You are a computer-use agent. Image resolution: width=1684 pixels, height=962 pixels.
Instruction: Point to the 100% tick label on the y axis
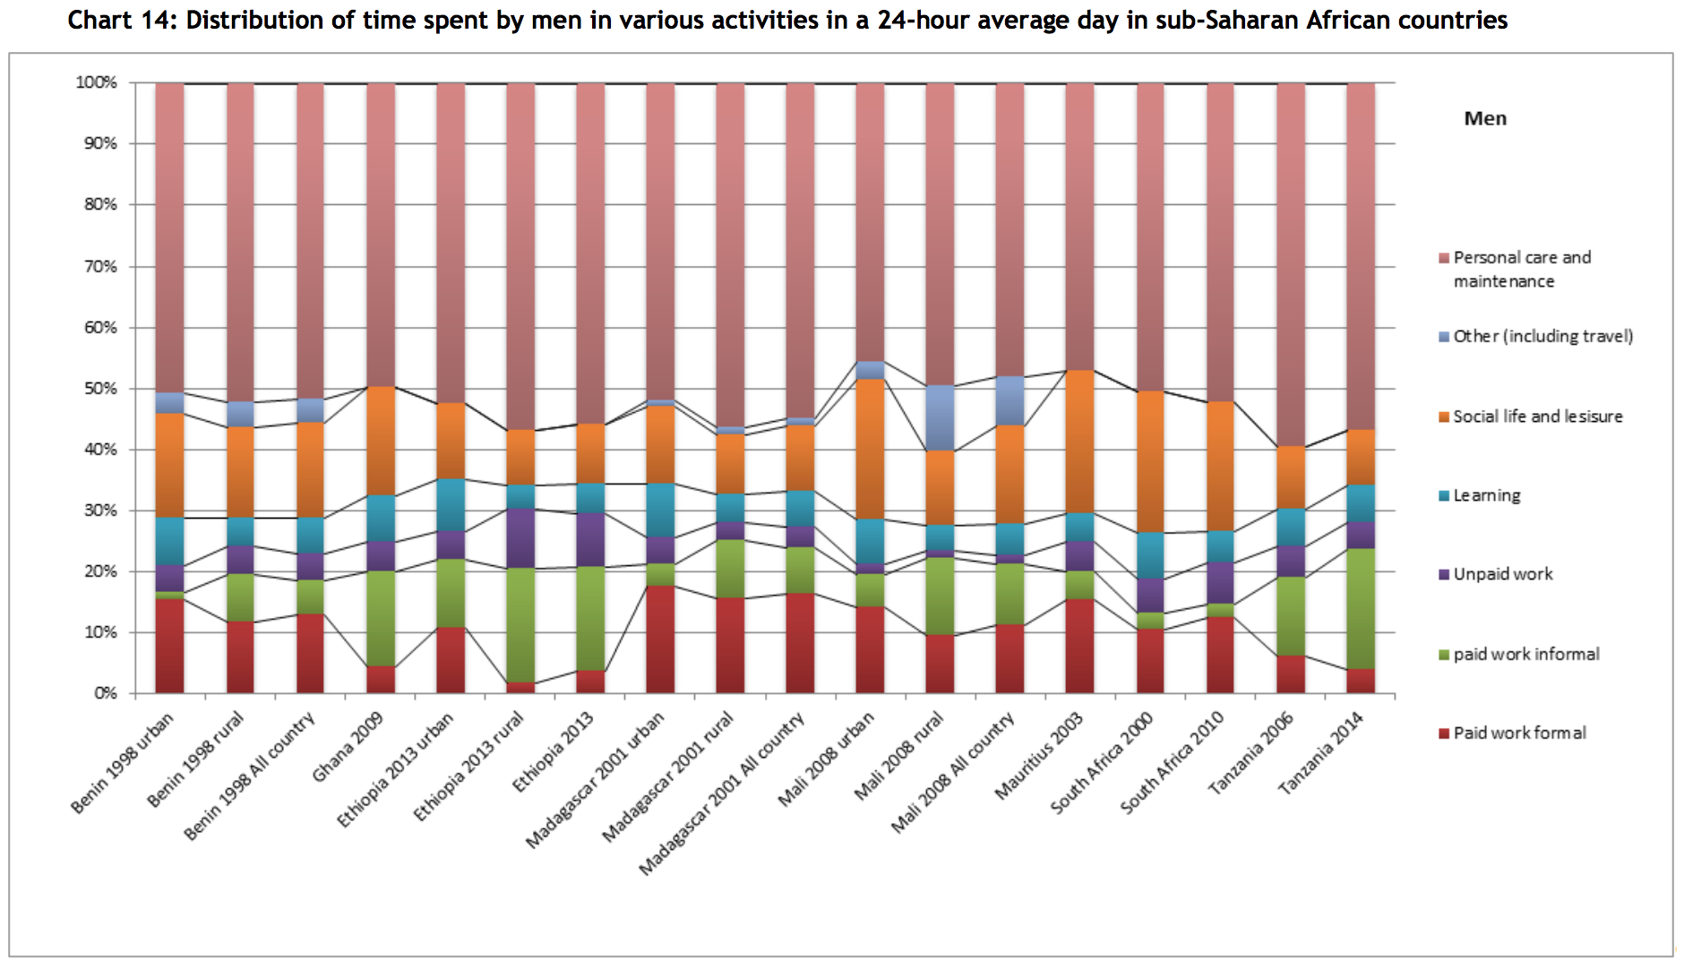pyautogui.click(x=97, y=82)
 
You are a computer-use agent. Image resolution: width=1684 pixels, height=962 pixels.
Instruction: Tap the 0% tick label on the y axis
pyautogui.click(x=105, y=693)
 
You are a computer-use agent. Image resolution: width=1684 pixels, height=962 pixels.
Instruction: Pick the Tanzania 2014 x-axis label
pyautogui.click(x=1321, y=752)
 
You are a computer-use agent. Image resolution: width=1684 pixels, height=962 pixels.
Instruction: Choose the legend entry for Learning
pyautogui.click(x=1486, y=495)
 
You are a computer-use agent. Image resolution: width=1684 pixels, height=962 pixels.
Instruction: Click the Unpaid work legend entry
pyautogui.click(x=1502, y=574)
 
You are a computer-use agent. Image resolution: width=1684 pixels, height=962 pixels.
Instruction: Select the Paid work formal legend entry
pyautogui.click(x=1519, y=733)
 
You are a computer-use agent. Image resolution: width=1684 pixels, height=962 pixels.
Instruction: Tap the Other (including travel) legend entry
pyautogui.click(x=1542, y=336)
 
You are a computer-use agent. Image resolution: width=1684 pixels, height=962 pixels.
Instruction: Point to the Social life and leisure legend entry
pyautogui.click(x=1537, y=417)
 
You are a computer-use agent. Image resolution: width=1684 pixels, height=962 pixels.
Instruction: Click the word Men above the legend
pyautogui.click(x=1485, y=118)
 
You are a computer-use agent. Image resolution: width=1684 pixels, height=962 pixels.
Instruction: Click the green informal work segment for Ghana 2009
pyautogui.click(x=381, y=618)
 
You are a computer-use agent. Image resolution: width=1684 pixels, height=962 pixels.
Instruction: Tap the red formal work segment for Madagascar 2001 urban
pyautogui.click(x=661, y=639)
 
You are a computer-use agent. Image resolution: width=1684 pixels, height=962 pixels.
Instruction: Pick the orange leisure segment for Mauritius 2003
pyautogui.click(x=1079, y=441)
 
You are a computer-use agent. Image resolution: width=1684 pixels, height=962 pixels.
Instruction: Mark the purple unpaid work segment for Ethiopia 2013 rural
pyautogui.click(x=520, y=537)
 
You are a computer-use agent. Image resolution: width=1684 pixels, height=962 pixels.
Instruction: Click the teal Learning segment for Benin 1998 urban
pyautogui.click(x=169, y=541)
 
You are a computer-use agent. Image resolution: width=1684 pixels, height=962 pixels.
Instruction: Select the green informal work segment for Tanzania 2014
pyautogui.click(x=1361, y=608)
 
